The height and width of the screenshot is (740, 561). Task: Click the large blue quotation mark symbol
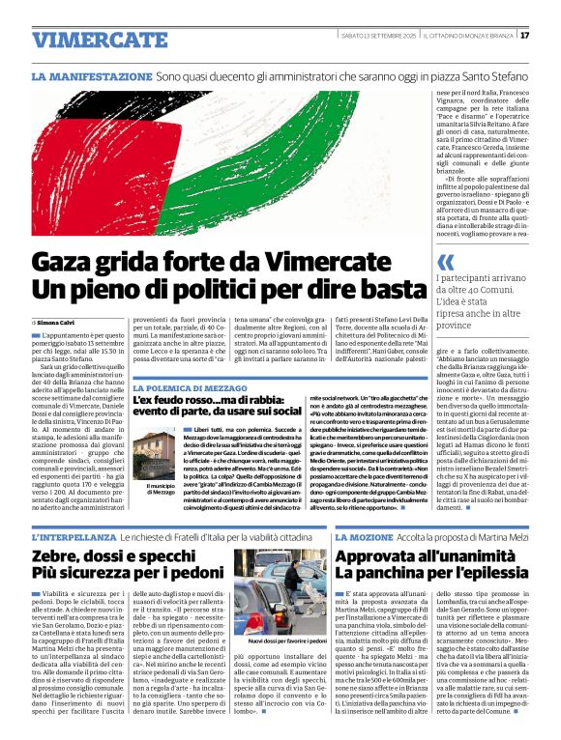pos(446,262)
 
